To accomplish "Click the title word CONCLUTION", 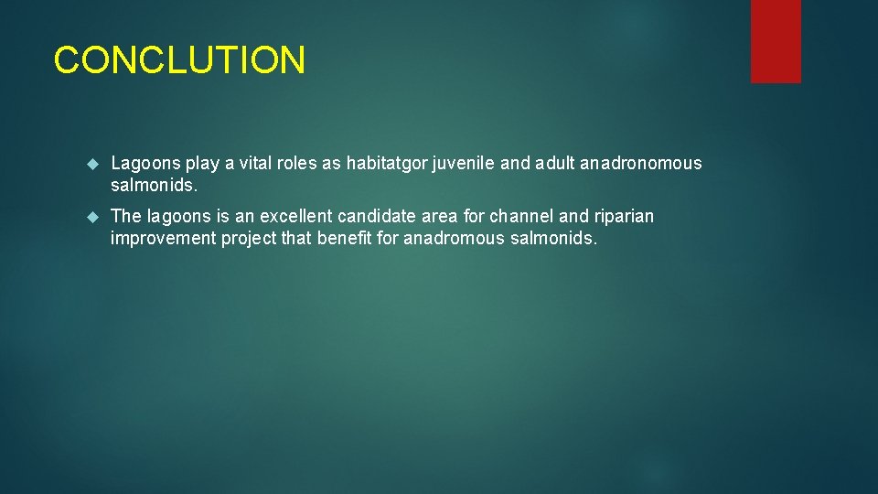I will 179,60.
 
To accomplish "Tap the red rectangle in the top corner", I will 776,41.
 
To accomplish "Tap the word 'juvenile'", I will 462,164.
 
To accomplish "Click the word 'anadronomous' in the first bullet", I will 641,164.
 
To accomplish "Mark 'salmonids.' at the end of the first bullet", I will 153,185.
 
